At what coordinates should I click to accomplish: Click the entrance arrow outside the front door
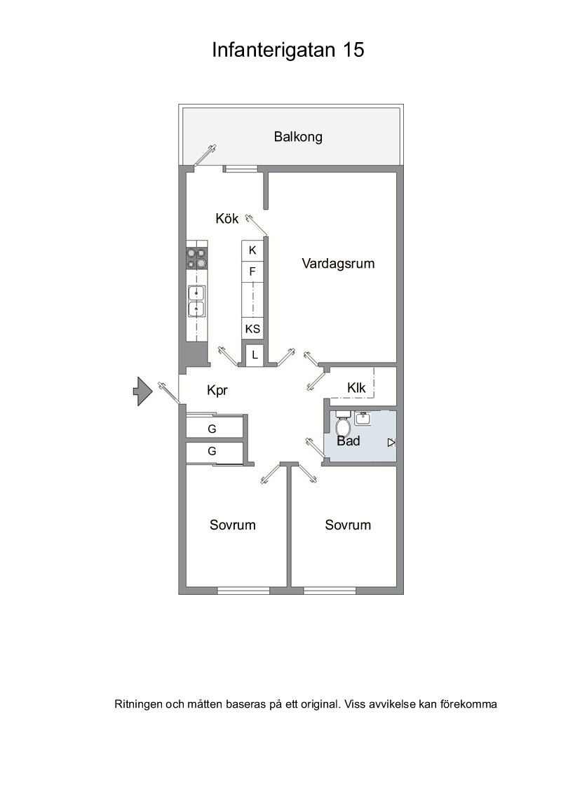click(x=143, y=391)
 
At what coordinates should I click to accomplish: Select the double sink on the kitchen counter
click(x=196, y=301)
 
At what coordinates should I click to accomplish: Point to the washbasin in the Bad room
click(x=363, y=418)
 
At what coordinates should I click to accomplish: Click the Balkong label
click(x=298, y=137)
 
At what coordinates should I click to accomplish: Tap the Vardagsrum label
click(x=338, y=263)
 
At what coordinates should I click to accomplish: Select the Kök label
click(x=227, y=218)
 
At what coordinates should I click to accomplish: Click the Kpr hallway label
click(x=217, y=391)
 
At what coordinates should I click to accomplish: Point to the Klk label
click(x=356, y=388)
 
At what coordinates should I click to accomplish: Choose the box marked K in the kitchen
click(x=252, y=250)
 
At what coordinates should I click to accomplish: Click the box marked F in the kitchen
click(x=252, y=272)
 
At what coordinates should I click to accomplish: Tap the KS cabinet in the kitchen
click(x=252, y=329)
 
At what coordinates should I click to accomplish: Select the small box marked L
click(x=255, y=355)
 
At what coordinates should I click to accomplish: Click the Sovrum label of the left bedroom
click(x=232, y=525)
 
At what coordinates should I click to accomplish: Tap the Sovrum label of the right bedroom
click(x=348, y=525)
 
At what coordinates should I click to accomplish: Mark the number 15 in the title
click(x=353, y=50)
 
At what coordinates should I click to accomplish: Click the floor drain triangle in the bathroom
click(x=391, y=443)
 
